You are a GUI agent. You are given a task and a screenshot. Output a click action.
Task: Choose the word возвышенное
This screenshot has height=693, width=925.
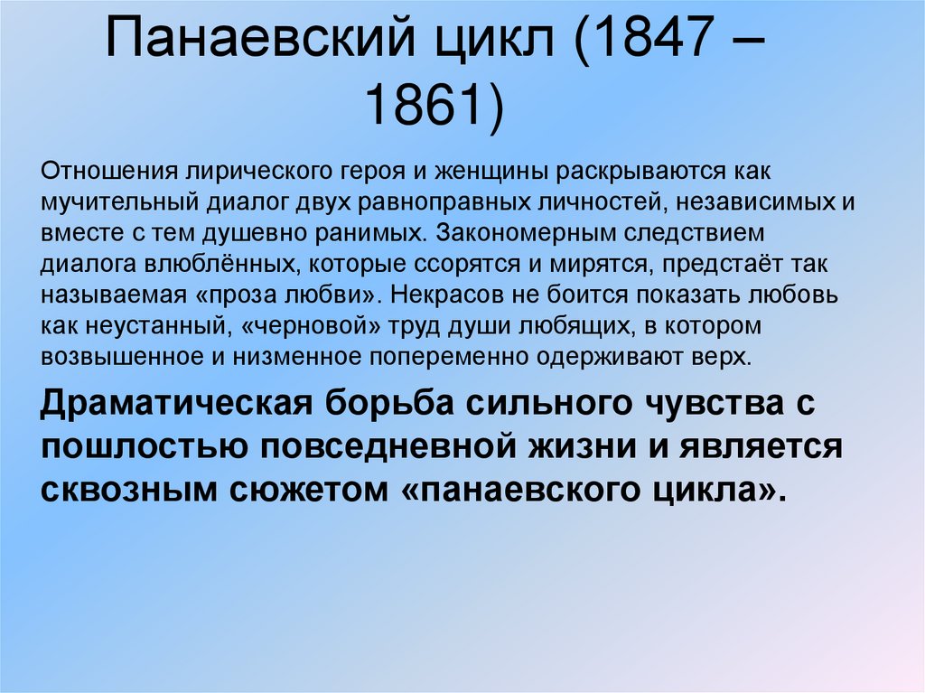[x=121, y=355]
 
